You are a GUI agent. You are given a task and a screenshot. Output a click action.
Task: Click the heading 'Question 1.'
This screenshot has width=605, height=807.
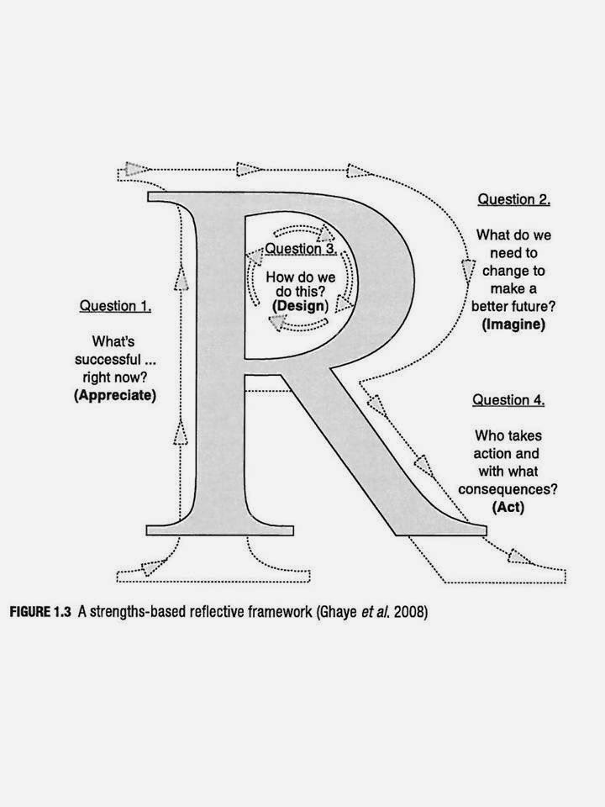point(115,306)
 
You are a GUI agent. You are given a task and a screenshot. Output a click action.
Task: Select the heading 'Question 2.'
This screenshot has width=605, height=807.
point(514,199)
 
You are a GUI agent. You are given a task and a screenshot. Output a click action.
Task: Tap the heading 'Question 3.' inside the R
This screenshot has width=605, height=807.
point(301,249)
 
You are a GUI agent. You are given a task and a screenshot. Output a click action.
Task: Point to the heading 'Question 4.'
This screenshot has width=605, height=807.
point(508,399)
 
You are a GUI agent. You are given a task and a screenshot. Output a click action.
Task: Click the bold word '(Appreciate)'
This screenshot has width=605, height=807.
point(115,395)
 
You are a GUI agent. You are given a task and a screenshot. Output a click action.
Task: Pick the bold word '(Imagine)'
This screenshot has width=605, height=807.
point(513,324)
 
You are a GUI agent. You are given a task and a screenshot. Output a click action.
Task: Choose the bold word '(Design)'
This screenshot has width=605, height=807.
point(300,306)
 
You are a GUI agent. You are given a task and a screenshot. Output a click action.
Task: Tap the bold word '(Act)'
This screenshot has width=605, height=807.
point(508,507)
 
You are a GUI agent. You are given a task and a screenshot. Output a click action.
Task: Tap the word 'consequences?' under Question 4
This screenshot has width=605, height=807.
point(508,489)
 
